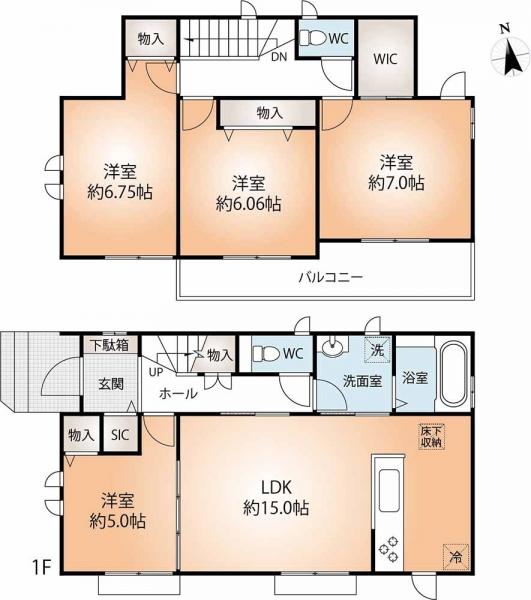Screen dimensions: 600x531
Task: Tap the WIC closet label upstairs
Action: [385, 58]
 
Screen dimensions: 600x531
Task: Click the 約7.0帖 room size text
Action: [395, 183]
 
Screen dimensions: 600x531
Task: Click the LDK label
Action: [276, 487]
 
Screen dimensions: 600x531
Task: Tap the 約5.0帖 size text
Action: [117, 521]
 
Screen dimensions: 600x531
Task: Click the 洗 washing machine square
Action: [377, 351]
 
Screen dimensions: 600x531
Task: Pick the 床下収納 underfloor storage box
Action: [431, 436]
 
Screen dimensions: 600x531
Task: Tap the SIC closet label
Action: [119, 435]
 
